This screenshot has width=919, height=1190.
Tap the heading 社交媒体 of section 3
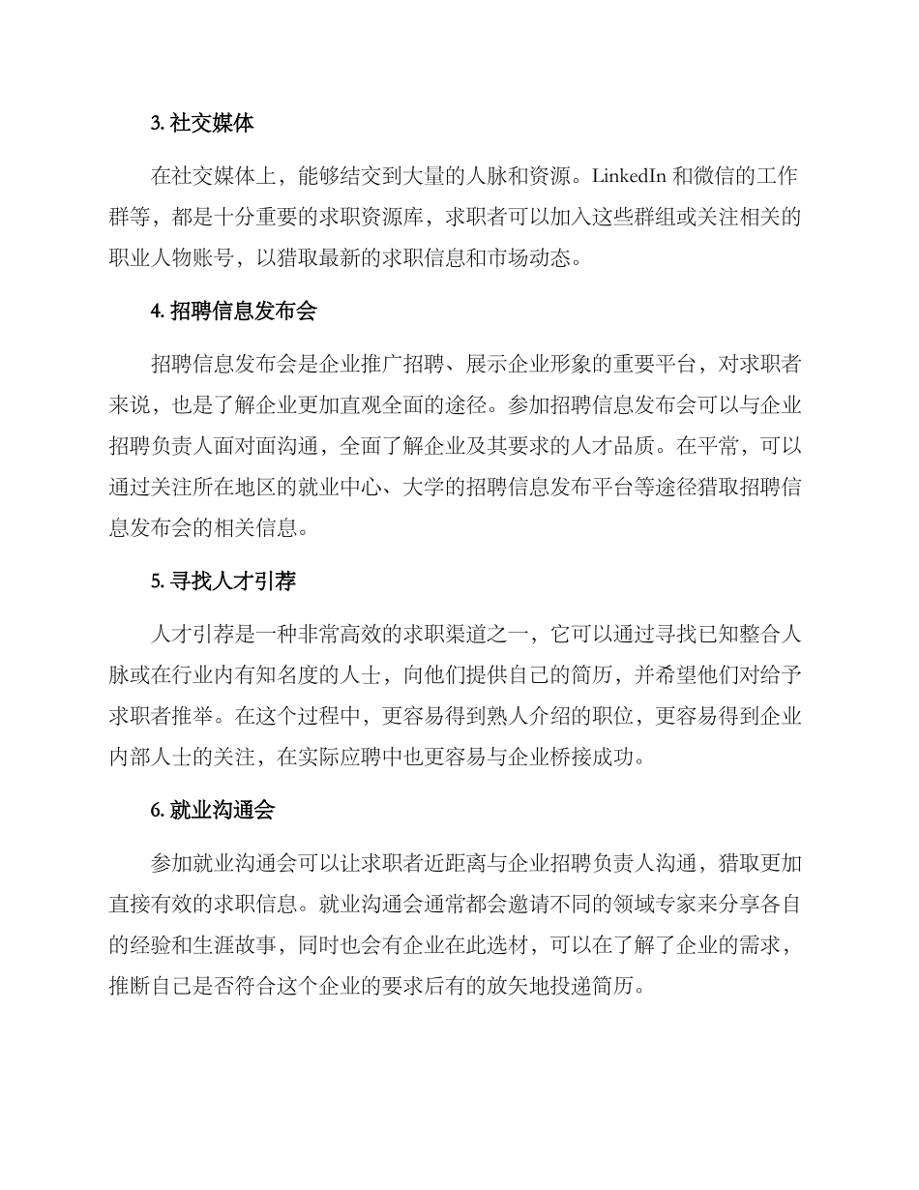coord(214,125)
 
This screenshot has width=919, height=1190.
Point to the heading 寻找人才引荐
coord(233,581)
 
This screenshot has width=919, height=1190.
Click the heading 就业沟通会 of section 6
coord(223,811)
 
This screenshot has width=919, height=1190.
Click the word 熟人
coord(532,717)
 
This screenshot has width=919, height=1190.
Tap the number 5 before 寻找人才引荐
coord(156,582)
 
